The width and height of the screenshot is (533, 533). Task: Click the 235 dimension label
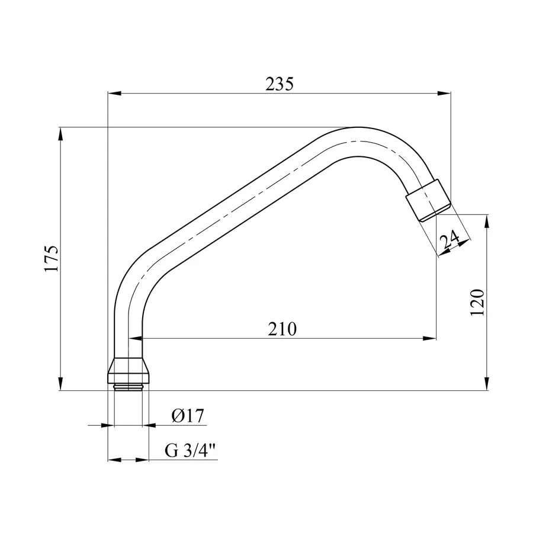coord(280,84)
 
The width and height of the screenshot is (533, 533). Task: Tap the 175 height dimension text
coord(52,258)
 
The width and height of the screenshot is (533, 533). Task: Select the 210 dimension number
coord(282,329)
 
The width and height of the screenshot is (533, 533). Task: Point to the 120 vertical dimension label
coord(477,302)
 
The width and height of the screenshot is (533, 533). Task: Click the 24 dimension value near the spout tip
coord(449,240)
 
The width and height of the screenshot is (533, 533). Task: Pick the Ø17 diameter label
coord(188,416)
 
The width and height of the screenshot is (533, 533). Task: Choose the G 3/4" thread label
coord(191,451)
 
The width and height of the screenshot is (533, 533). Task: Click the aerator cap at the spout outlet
coord(428,201)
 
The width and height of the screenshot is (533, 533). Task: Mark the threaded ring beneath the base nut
coord(128,387)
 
